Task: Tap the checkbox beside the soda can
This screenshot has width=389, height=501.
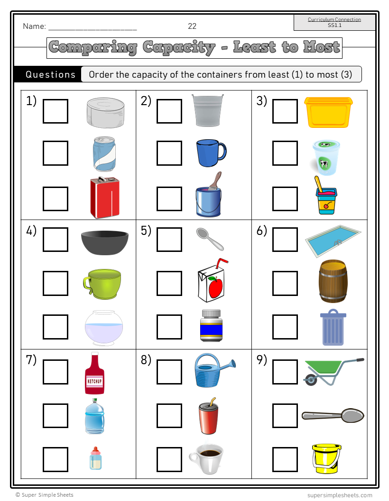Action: click(56, 153)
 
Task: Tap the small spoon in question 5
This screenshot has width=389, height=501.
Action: click(210, 239)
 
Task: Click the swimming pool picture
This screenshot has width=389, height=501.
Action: click(332, 241)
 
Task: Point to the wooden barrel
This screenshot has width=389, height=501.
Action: click(333, 281)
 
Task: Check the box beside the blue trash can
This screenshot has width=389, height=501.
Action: click(285, 327)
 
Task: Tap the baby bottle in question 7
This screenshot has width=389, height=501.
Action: click(95, 458)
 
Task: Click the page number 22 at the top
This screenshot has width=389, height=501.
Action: click(192, 26)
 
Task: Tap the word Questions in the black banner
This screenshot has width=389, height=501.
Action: click(50, 74)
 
